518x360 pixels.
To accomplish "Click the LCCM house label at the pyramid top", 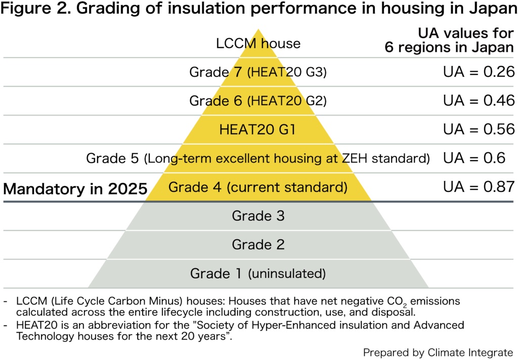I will click(x=258, y=44).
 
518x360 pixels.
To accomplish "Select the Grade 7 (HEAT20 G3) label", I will click(x=258, y=72).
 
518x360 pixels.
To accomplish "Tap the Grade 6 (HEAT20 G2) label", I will click(x=258, y=101).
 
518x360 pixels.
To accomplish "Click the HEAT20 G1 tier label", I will click(x=257, y=130).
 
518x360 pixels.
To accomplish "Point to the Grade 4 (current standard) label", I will click(x=258, y=187).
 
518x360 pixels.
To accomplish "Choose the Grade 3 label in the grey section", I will click(x=258, y=216).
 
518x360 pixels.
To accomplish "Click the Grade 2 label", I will click(x=258, y=245).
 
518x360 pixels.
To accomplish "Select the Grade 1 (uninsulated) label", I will click(x=258, y=274).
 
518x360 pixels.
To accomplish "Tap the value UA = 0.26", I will click(x=479, y=72).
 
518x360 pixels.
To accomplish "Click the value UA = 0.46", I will click(x=479, y=101).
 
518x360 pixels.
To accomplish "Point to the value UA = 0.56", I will click(x=479, y=130).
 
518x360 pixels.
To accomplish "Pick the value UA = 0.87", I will click(x=479, y=187).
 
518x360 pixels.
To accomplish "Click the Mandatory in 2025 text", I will click(x=75, y=189).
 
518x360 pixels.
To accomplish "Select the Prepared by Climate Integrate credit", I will click(x=438, y=352).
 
